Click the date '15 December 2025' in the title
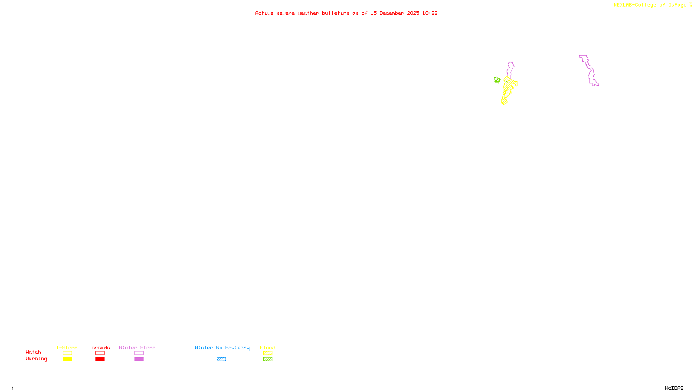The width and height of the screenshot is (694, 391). pyautogui.click(x=395, y=13)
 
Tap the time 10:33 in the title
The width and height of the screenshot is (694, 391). pyautogui.click(x=430, y=13)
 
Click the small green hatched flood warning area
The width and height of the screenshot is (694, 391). pyautogui.click(x=497, y=80)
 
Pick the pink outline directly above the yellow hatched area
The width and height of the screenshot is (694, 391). pyautogui.click(x=511, y=69)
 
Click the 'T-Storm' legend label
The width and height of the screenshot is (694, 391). pyautogui.click(x=67, y=348)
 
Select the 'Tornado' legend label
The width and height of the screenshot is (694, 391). pyautogui.click(x=99, y=348)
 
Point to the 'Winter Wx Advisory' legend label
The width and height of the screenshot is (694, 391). pyautogui.click(x=222, y=348)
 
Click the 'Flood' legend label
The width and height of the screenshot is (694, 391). pyautogui.click(x=268, y=348)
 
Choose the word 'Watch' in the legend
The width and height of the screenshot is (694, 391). pyautogui.click(x=33, y=352)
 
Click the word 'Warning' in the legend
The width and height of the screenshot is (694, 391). pyautogui.click(x=36, y=359)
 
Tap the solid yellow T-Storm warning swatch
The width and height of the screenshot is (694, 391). pyautogui.click(x=67, y=359)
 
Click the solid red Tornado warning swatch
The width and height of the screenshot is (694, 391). pyautogui.click(x=100, y=359)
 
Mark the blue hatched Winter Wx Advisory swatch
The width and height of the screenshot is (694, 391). pyautogui.click(x=221, y=359)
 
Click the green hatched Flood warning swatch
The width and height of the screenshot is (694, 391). pyautogui.click(x=268, y=359)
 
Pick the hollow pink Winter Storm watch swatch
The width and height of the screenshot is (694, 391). pyautogui.click(x=139, y=353)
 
